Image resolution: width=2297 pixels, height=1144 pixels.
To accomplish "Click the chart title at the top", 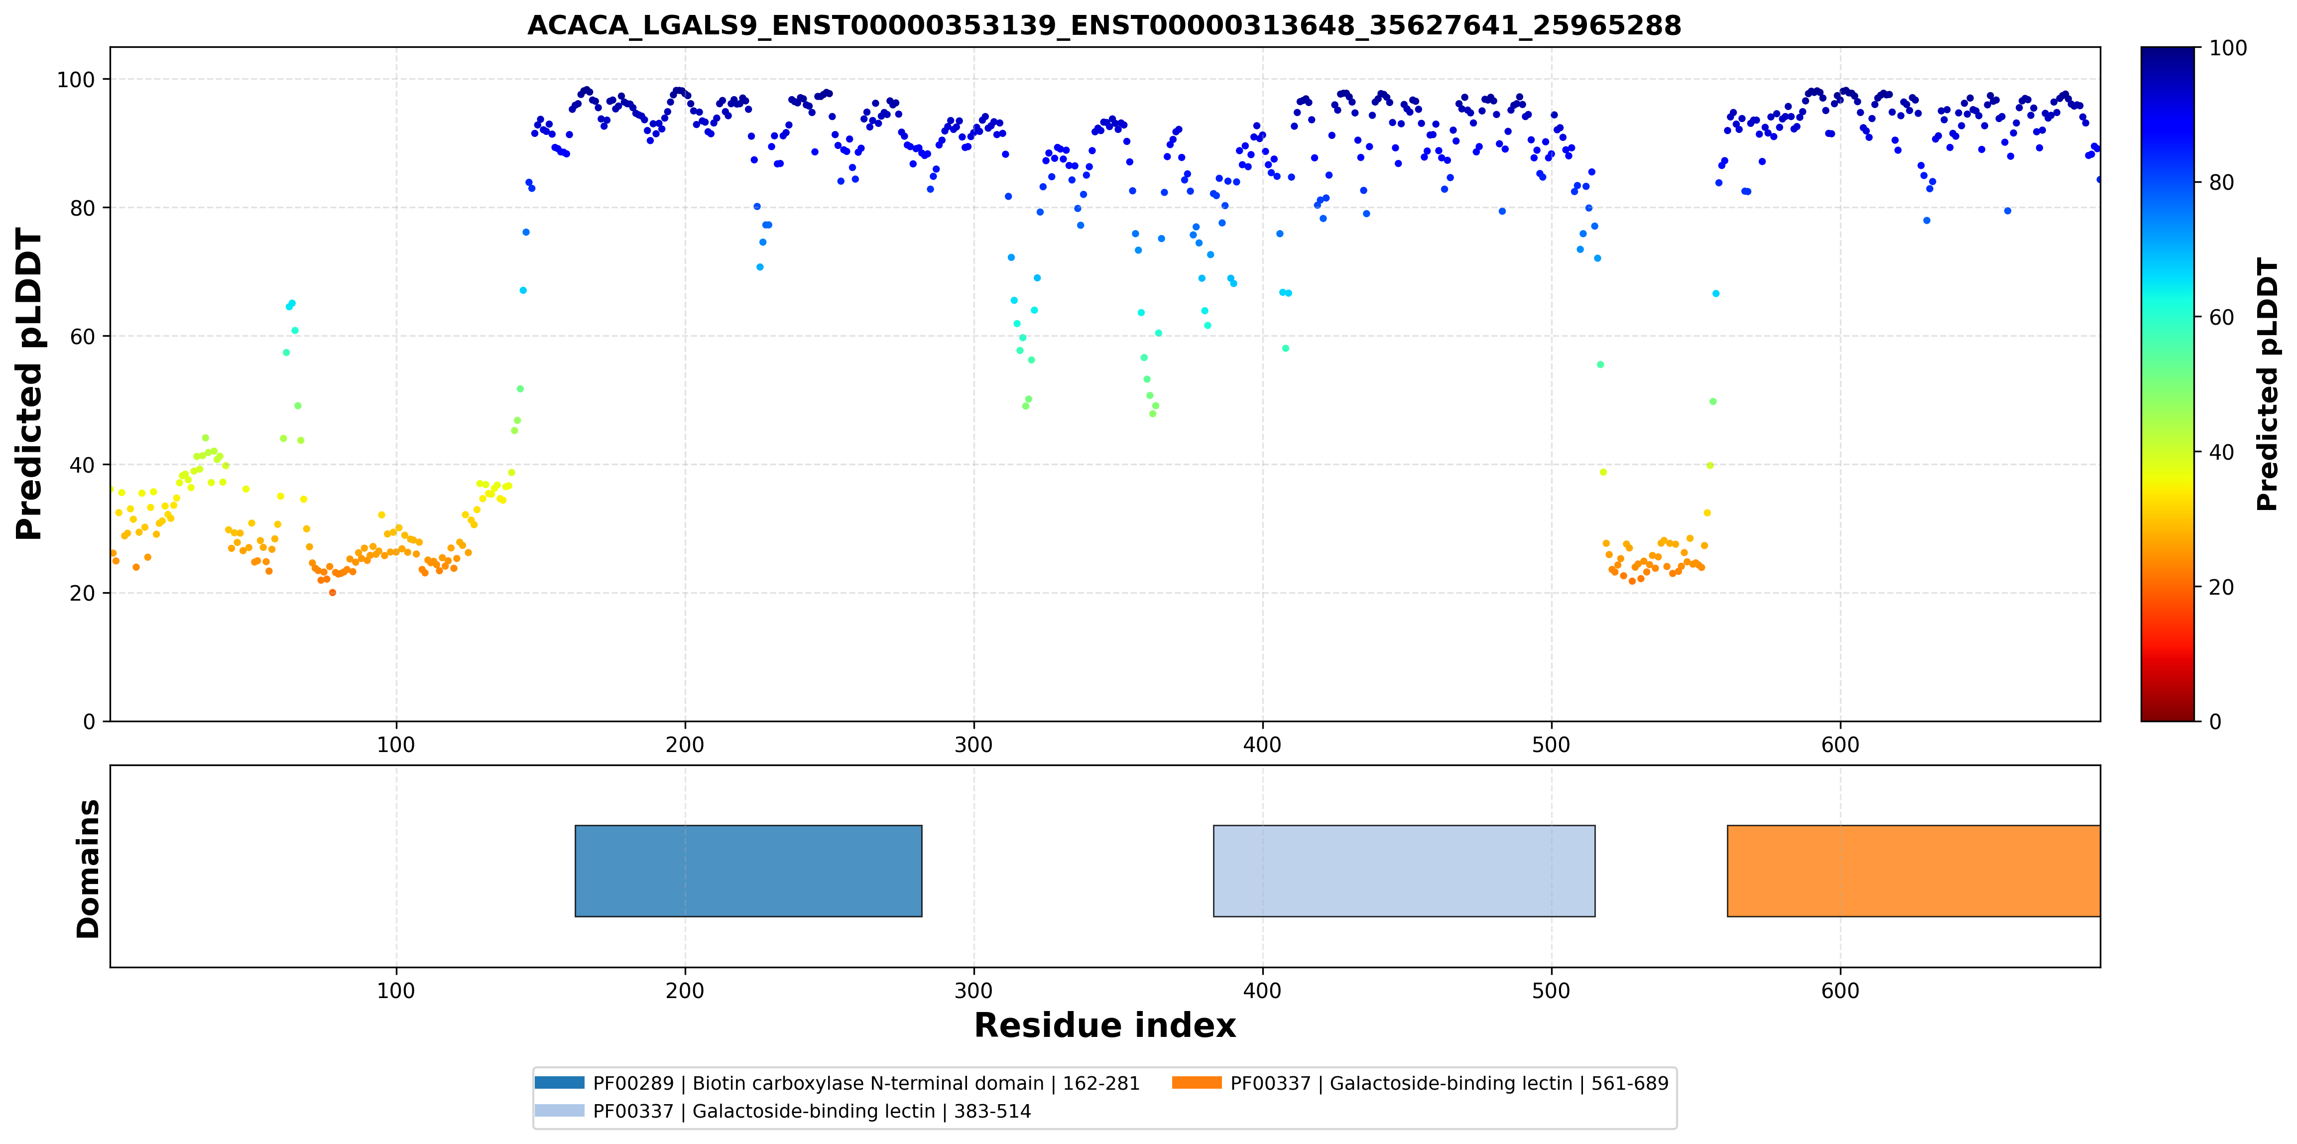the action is [1104, 25].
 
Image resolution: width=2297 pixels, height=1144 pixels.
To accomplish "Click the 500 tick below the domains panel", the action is [1552, 991].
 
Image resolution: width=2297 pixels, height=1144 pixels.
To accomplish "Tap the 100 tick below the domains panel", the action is [396, 991].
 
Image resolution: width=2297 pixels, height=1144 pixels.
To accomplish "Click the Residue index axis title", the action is [1105, 1025].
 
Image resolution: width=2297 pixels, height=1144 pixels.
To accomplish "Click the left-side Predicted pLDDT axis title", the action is [29, 384].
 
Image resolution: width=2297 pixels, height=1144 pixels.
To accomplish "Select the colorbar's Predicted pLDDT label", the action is [2267, 384].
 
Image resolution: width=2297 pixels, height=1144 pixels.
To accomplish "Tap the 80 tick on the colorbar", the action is [2220, 183].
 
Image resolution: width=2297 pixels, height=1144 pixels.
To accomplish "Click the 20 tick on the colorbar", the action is [2220, 588].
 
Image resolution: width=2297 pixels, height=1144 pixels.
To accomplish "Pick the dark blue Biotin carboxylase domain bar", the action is [748, 871].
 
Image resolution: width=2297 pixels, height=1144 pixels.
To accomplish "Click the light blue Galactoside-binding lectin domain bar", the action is [1404, 871].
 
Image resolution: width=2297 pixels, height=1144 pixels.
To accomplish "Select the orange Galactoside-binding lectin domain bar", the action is [1914, 871].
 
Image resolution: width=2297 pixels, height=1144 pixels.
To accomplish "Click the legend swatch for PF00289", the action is [560, 1082].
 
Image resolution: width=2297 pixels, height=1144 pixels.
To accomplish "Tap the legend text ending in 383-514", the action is [812, 1111].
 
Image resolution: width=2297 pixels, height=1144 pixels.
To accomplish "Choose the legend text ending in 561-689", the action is [1449, 1083].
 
